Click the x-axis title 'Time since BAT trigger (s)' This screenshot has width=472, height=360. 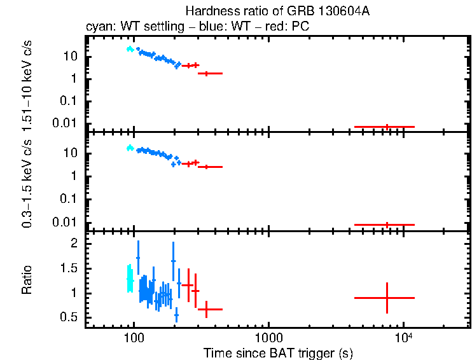pos(278,352)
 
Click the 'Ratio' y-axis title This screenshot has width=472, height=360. pos(27,280)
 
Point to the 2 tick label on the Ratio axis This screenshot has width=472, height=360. pos(74,244)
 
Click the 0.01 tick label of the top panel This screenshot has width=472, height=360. pos(66,123)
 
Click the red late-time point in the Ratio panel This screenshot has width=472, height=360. pos(387,298)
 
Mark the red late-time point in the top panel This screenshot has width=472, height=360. pos(387,127)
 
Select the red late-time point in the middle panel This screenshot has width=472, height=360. pos(387,225)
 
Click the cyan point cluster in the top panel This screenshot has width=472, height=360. pos(130,49)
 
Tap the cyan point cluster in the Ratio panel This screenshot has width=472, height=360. pos(130,279)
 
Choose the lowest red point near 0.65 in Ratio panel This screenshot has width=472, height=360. pos(206,309)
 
